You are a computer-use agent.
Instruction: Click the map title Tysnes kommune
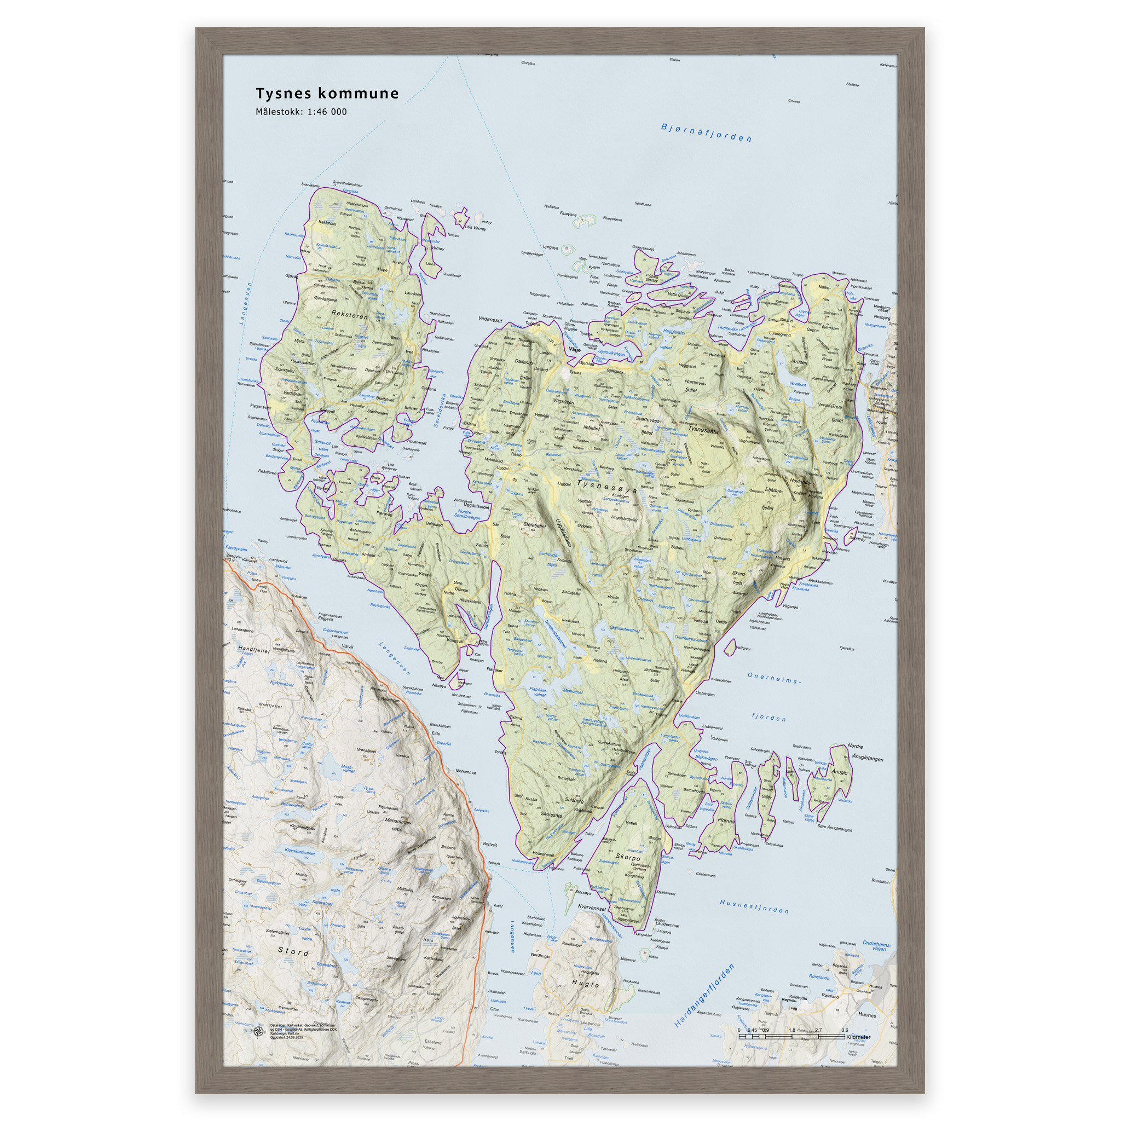[x=327, y=94]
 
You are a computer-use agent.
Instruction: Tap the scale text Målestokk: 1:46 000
[x=301, y=112]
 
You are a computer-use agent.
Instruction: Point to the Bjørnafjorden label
[x=706, y=133]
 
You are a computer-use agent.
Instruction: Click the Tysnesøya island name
[x=607, y=485]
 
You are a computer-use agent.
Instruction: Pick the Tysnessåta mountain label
[x=703, y=431]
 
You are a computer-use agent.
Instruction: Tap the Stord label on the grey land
[x=293, y=951]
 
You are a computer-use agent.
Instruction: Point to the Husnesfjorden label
[x=754, y=906]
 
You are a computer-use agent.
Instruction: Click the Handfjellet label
[x=254, y=650]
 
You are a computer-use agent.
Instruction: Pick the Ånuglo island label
[x=840, y=772]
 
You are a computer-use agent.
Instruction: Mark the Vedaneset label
[x=490, y=319]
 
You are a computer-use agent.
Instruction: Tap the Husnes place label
[x=867, y=1015]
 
